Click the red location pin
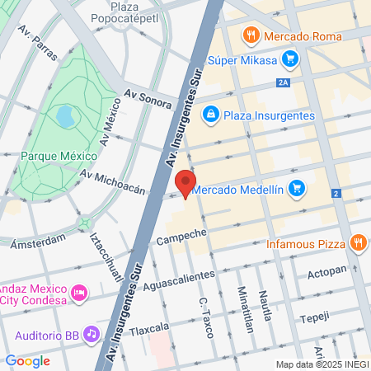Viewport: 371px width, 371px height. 185,183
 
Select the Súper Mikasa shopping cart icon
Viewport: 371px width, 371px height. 289,59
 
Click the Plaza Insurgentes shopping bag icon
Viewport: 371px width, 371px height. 210,114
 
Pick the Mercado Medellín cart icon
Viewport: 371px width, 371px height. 298,189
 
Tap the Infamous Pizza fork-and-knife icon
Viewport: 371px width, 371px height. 357,243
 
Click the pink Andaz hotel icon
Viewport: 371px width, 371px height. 80,292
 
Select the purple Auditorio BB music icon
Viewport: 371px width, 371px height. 92,334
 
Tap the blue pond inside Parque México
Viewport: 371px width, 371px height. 64,116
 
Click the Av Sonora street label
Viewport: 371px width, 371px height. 148,99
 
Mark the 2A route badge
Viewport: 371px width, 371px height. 284,82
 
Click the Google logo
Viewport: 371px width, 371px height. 27,360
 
